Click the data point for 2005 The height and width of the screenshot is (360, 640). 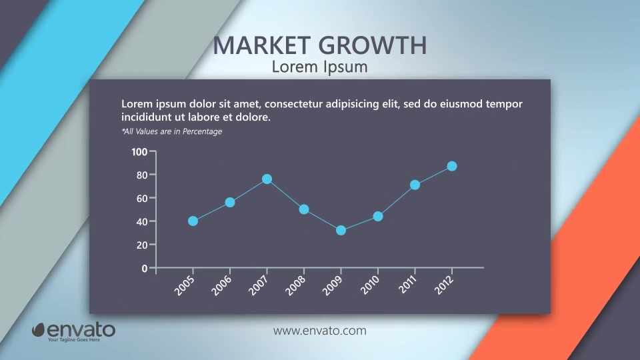coord(193,221)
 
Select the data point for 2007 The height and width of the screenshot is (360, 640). coord(267,179)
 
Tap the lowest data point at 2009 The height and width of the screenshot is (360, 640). coord(341,231)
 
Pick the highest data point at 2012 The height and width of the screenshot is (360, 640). coord(452,167)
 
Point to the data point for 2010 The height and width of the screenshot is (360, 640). coord(378,216)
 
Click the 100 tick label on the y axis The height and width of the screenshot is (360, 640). coord(139,152)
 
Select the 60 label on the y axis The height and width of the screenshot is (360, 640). coord(141,199)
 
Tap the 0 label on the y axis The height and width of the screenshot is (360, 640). coord(145,269)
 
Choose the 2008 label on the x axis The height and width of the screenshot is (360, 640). coord(295,285)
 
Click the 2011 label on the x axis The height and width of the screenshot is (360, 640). coord(408,284)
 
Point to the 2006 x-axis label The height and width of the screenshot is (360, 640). coord(221,285)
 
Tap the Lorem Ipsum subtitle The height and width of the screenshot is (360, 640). coord(319,67)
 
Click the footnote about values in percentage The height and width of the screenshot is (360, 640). coord(172,131)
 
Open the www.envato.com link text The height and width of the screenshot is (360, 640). coord(320,331)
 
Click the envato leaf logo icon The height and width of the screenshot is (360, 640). coord(39,330)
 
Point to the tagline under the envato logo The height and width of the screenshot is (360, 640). coord(74,339)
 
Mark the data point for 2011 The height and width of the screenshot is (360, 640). coord(415,185)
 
